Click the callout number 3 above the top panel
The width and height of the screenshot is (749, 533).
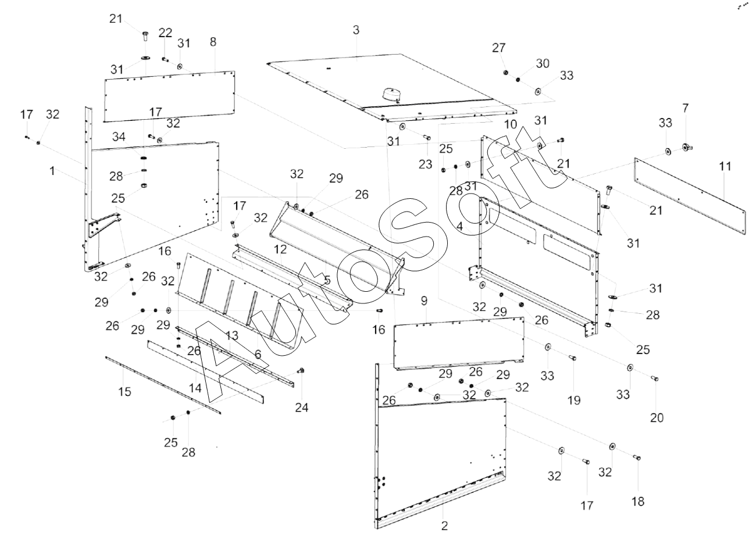tap(356, 30)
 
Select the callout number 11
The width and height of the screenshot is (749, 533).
tap(725, 167)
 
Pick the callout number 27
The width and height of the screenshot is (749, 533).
tap(499, 48)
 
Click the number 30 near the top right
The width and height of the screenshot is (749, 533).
tap(542, 63)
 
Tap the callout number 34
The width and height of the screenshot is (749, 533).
tap(119, 137)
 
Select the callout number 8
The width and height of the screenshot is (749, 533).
tap(213, 42)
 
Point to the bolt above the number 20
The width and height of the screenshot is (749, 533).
tap(655, 379)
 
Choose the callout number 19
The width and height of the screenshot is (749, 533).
tap(575, 400)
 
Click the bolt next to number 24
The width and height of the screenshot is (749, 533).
tap(301, 371)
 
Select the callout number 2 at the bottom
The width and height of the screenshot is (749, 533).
tap(445, 525)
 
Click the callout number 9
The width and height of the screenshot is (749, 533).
tap(424, 301)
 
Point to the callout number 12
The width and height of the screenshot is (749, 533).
tap(280, 249)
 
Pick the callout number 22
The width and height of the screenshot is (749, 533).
tap(165, 32)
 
